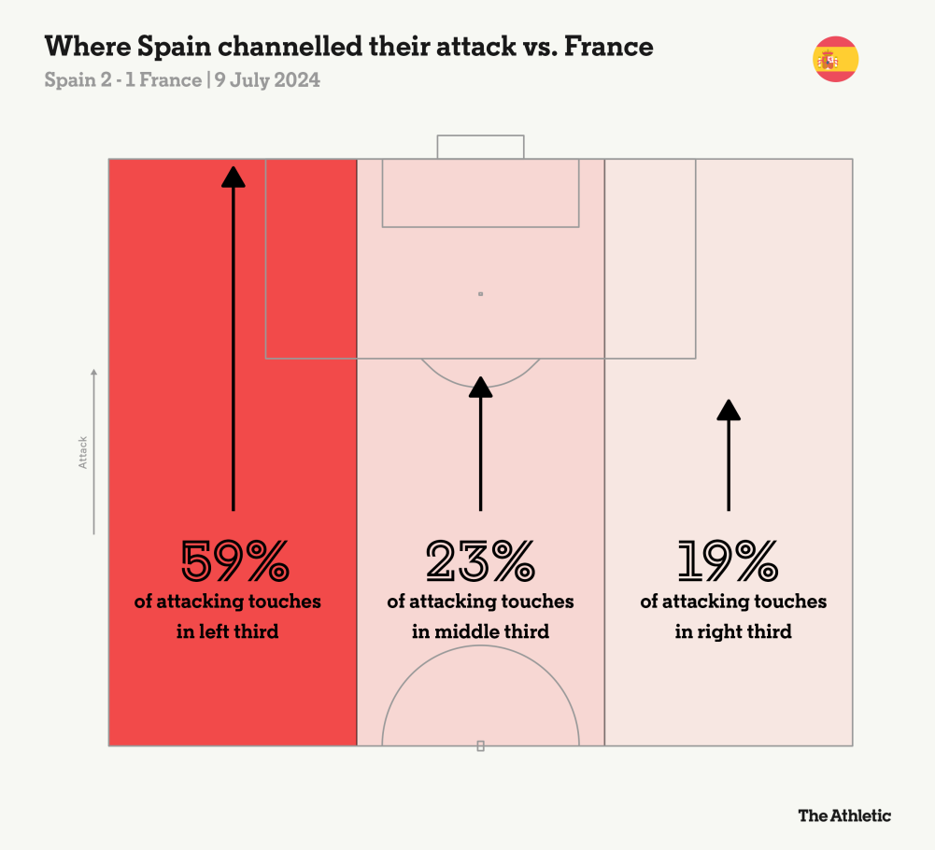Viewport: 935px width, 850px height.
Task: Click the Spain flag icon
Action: point(835,60)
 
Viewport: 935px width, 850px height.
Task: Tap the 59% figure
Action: point(234,561)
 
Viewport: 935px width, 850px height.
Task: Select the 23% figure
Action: point(480,561)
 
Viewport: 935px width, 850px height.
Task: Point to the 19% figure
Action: point(729,561)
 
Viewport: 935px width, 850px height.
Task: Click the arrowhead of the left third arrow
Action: point(234,177)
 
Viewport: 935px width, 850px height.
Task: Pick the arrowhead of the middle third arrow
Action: point(480,387)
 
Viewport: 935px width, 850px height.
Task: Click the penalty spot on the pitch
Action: point(480,294)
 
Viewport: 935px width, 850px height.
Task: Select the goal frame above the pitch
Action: point(480,147)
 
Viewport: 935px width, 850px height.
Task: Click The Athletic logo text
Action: point(844,815)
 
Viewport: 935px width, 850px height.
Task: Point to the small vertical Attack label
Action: point(83,452)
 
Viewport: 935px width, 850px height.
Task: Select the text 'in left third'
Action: point(228,631)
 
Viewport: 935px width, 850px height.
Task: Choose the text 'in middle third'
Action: point(480,631)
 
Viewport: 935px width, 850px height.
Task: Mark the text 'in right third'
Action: point(733,631)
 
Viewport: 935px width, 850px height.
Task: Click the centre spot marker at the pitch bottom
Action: point(480,745)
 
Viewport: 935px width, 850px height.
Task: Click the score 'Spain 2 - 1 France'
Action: point(122,80)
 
